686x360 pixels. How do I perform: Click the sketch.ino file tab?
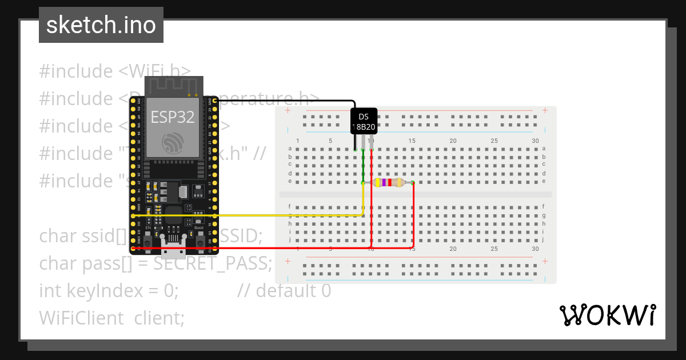click(101, 25)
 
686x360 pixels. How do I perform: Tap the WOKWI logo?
click(607, 315)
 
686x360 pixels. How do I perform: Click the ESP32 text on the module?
click(172, 117)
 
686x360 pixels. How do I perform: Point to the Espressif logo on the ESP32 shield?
click(172, 143)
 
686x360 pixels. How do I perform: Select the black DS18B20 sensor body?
click(364, 121)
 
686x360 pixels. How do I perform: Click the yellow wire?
click(257, 215)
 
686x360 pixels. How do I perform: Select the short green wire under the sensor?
click(363, 166)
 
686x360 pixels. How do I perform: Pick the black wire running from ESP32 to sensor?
click(286, 101)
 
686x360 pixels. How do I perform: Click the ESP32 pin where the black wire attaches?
click(214, 101)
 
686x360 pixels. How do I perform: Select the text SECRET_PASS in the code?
click(212, 263)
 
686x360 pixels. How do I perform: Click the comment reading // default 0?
click(284, 291)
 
